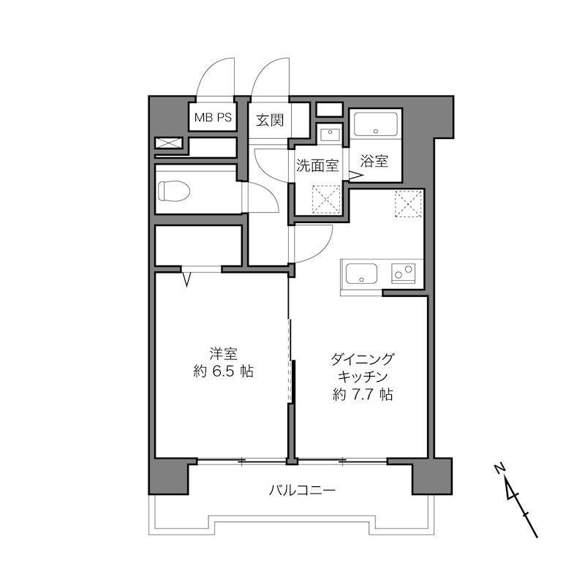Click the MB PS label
[213, 118]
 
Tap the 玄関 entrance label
[270, 120]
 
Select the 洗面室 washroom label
[317, 165]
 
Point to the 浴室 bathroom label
[374, 161]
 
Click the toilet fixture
[174, 191]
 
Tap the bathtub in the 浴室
[375, 124]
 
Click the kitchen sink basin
[361, 273]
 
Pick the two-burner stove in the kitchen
[403, 273]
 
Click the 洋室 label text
[224, 354]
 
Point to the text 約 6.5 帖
[224, 371]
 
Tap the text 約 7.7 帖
[362, 394]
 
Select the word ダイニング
[362, 360]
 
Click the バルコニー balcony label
[302, 490]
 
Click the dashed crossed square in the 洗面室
[326, 200]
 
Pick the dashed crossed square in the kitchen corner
[409, 203]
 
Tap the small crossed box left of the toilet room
[169, 143]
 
